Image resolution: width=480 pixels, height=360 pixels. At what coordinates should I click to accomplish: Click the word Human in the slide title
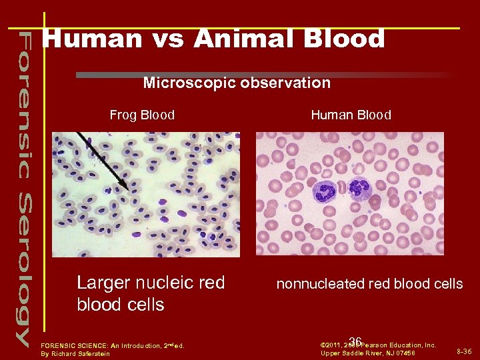point(91,39)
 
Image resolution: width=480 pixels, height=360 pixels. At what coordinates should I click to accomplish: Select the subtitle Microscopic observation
point(237,83)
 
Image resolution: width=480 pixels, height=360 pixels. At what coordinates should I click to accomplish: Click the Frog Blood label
point(142,115)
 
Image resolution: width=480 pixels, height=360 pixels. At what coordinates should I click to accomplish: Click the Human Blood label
point(351,115)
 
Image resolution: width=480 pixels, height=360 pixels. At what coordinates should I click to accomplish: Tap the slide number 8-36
point(465,351)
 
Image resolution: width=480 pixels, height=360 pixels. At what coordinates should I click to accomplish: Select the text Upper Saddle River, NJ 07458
point(368,353)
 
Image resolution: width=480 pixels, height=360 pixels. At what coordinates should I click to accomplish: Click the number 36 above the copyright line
point(355,341)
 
